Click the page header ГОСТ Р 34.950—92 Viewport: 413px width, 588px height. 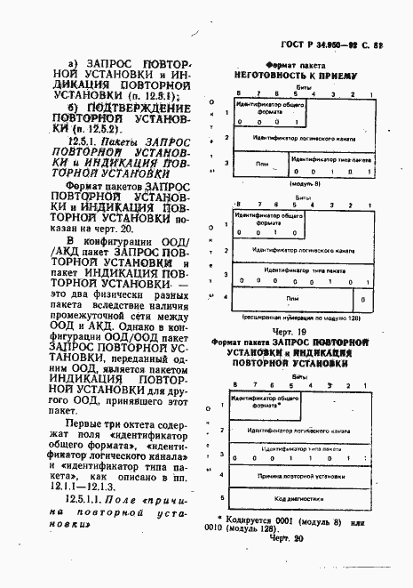[x=330, y=41]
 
